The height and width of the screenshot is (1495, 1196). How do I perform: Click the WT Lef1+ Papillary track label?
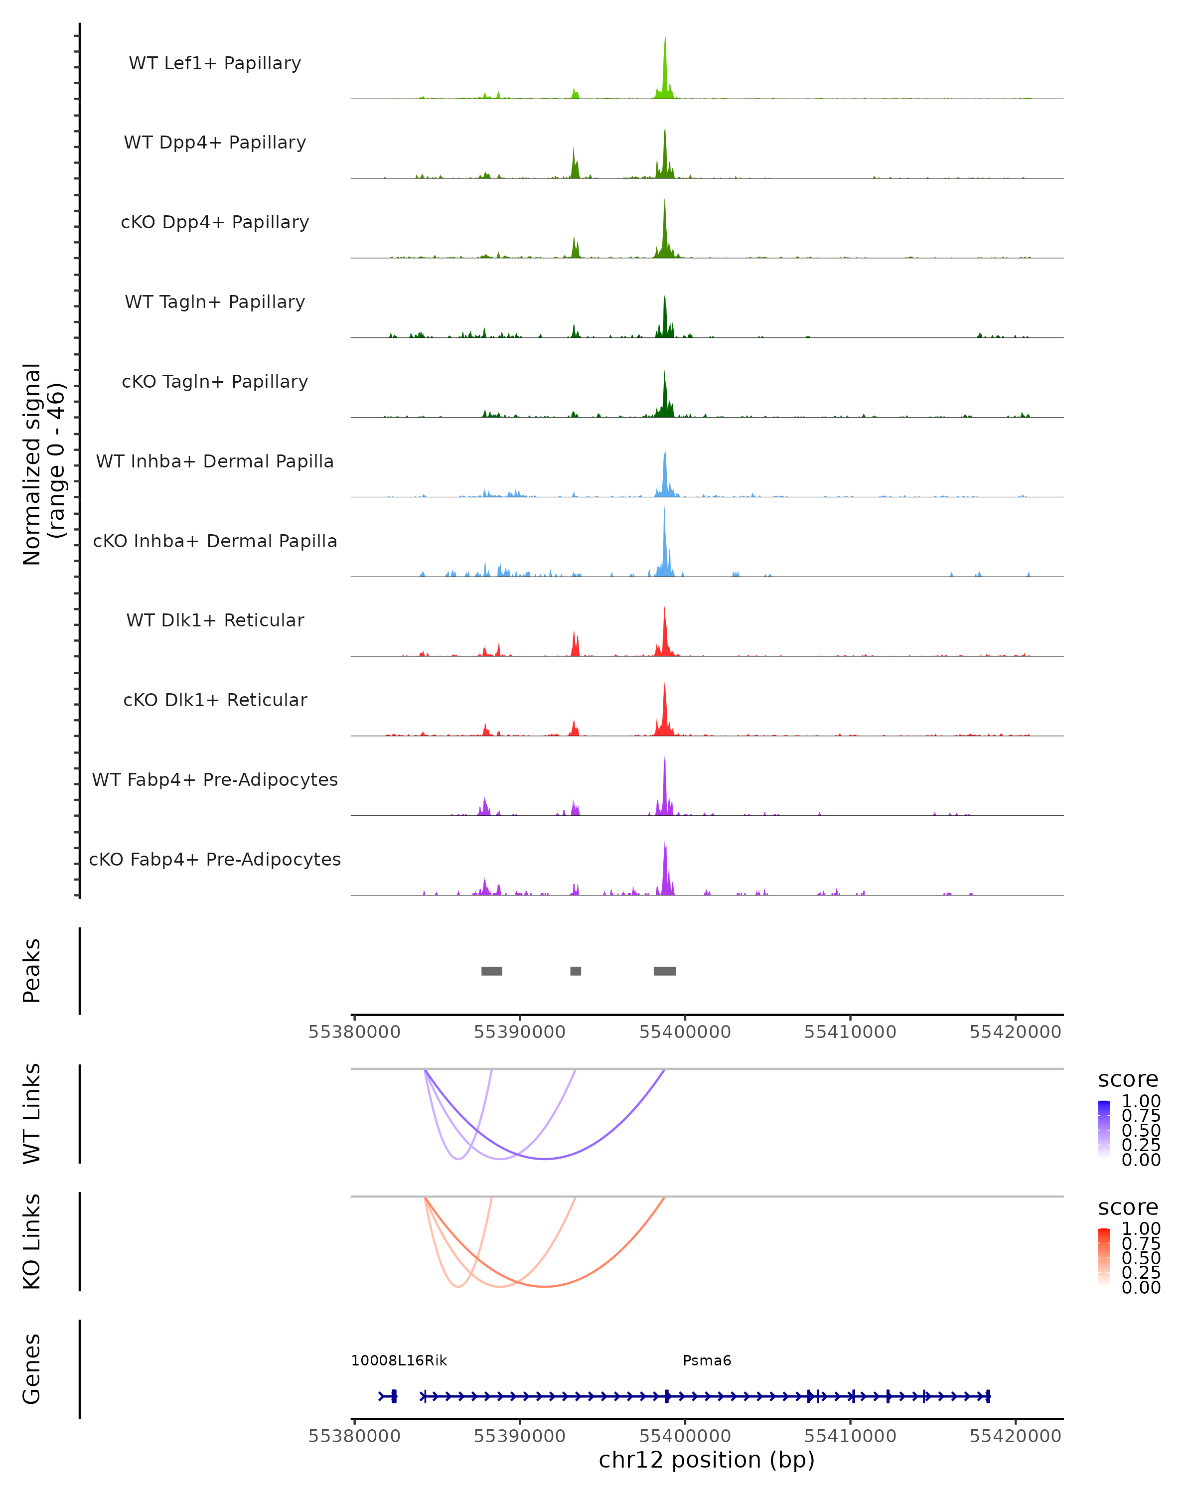coord(215,63)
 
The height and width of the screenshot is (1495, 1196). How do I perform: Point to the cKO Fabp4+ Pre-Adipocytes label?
coord(215,859)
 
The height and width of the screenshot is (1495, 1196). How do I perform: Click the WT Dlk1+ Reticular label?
coord(215,620)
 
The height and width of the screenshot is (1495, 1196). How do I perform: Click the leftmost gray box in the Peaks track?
coord(491,971)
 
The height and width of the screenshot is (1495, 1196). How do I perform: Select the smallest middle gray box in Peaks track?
coord(576,971)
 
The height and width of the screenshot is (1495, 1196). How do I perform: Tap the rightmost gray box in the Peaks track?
coord(664,971)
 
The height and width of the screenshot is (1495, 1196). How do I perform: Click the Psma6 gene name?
coord(707,1360)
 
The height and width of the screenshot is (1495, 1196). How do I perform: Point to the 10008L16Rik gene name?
coord(399,1360)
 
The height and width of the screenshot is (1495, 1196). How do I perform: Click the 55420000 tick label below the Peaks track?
coord(1015,1032)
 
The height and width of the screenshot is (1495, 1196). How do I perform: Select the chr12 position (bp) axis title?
coord(707,1460)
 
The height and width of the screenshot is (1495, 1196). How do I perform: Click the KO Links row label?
coord(32,1241)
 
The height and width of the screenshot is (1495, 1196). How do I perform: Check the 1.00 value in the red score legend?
coord(1141,1229)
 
